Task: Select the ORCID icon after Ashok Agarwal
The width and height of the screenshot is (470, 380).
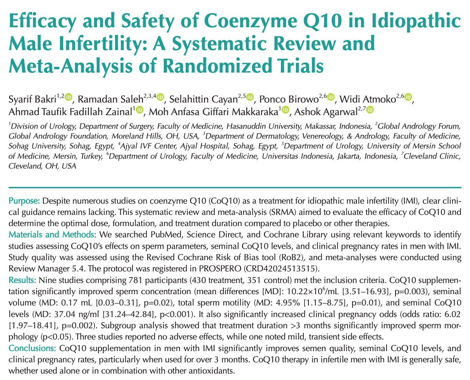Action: coord(370,110)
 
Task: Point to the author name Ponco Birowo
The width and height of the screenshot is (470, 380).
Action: coord(289,99)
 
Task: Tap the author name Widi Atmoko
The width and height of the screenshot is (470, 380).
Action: coord(367,99)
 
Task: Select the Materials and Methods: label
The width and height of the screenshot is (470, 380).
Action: coord(53,235)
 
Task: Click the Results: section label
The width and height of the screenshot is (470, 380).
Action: coord(22,280)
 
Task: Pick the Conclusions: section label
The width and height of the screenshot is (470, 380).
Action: coord(33,348)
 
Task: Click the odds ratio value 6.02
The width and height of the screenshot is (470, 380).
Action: coord(452,314)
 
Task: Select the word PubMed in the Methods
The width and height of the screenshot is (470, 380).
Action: coord(169,235)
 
